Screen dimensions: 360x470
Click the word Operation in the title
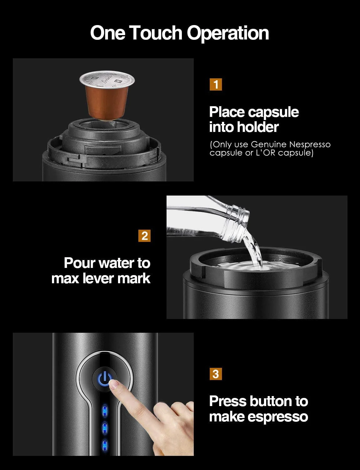[x=228, y=33]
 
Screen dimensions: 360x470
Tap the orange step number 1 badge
[x=216, y=84]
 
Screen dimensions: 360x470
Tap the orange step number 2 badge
[x=144, y=236]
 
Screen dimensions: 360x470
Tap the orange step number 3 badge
[x=216, y=374]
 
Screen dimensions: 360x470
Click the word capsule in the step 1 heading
[x=273, y=112]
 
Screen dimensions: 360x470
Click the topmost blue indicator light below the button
[x=105, y=410]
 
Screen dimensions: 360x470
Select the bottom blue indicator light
[x=105, y=446]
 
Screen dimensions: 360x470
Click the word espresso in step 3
[x=278, y=417]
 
